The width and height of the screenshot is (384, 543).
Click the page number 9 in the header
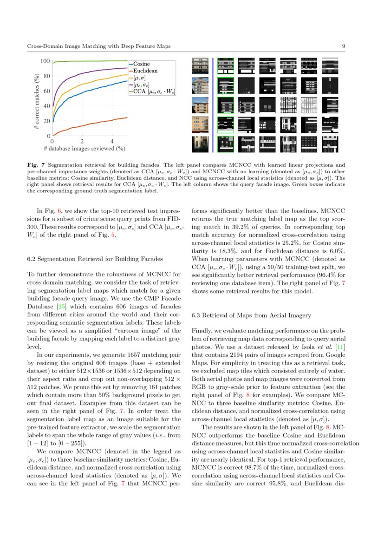pos(343,46)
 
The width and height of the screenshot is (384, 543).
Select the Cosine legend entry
pos(145,64)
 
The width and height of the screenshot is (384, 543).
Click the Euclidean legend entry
pos(147,71)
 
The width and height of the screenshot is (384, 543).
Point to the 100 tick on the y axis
pos(45,61)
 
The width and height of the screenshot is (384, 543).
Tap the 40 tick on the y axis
pos(46,106)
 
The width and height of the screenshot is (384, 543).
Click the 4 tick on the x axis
pos(112,141)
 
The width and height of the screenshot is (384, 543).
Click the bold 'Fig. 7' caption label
pos(36,165)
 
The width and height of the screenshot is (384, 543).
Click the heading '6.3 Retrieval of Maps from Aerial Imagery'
pos(251,315)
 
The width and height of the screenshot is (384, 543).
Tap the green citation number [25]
pos(61,294)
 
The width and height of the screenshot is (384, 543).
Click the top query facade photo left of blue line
pos(200,66)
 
